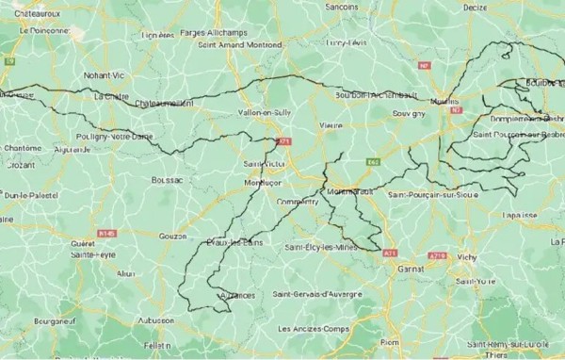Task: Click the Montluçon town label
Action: [x=263, y=182]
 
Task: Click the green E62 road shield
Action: [x=374, y=161]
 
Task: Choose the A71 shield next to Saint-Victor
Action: [x=283, y=142]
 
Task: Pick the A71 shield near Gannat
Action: [x=390, y=252]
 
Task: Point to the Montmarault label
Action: [x=351, y=191]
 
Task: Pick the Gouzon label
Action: [x=175, y=235]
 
